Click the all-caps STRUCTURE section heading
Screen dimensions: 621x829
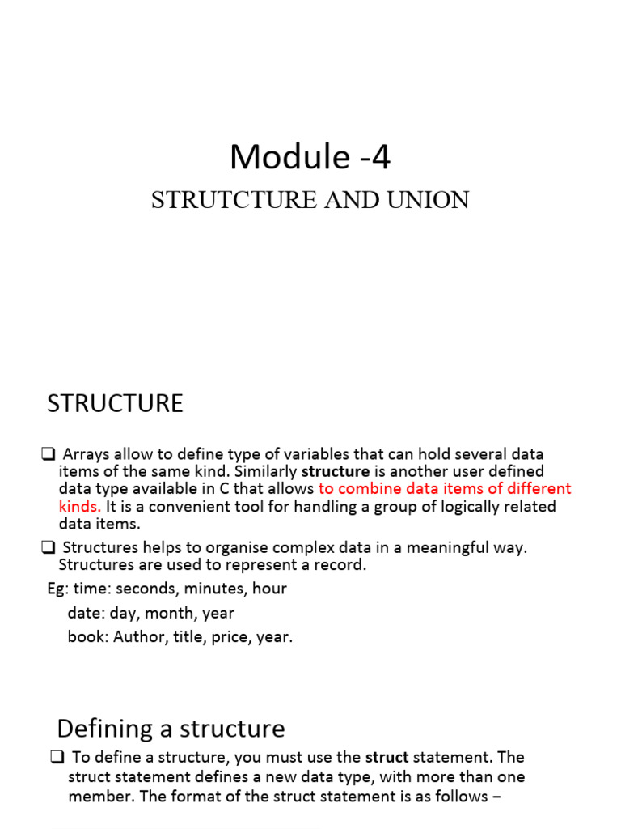point(115,403)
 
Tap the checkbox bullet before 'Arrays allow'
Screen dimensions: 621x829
point(48,454)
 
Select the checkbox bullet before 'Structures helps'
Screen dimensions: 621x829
point(48,548)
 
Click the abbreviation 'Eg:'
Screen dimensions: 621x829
point(59,589)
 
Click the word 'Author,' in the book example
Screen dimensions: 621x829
point(140,637)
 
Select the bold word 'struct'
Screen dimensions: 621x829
point(387,758)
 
